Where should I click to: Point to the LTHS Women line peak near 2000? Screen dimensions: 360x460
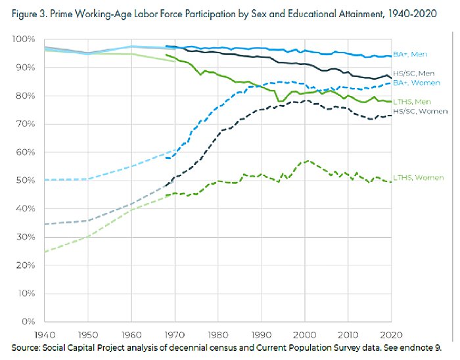click(306, 160)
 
